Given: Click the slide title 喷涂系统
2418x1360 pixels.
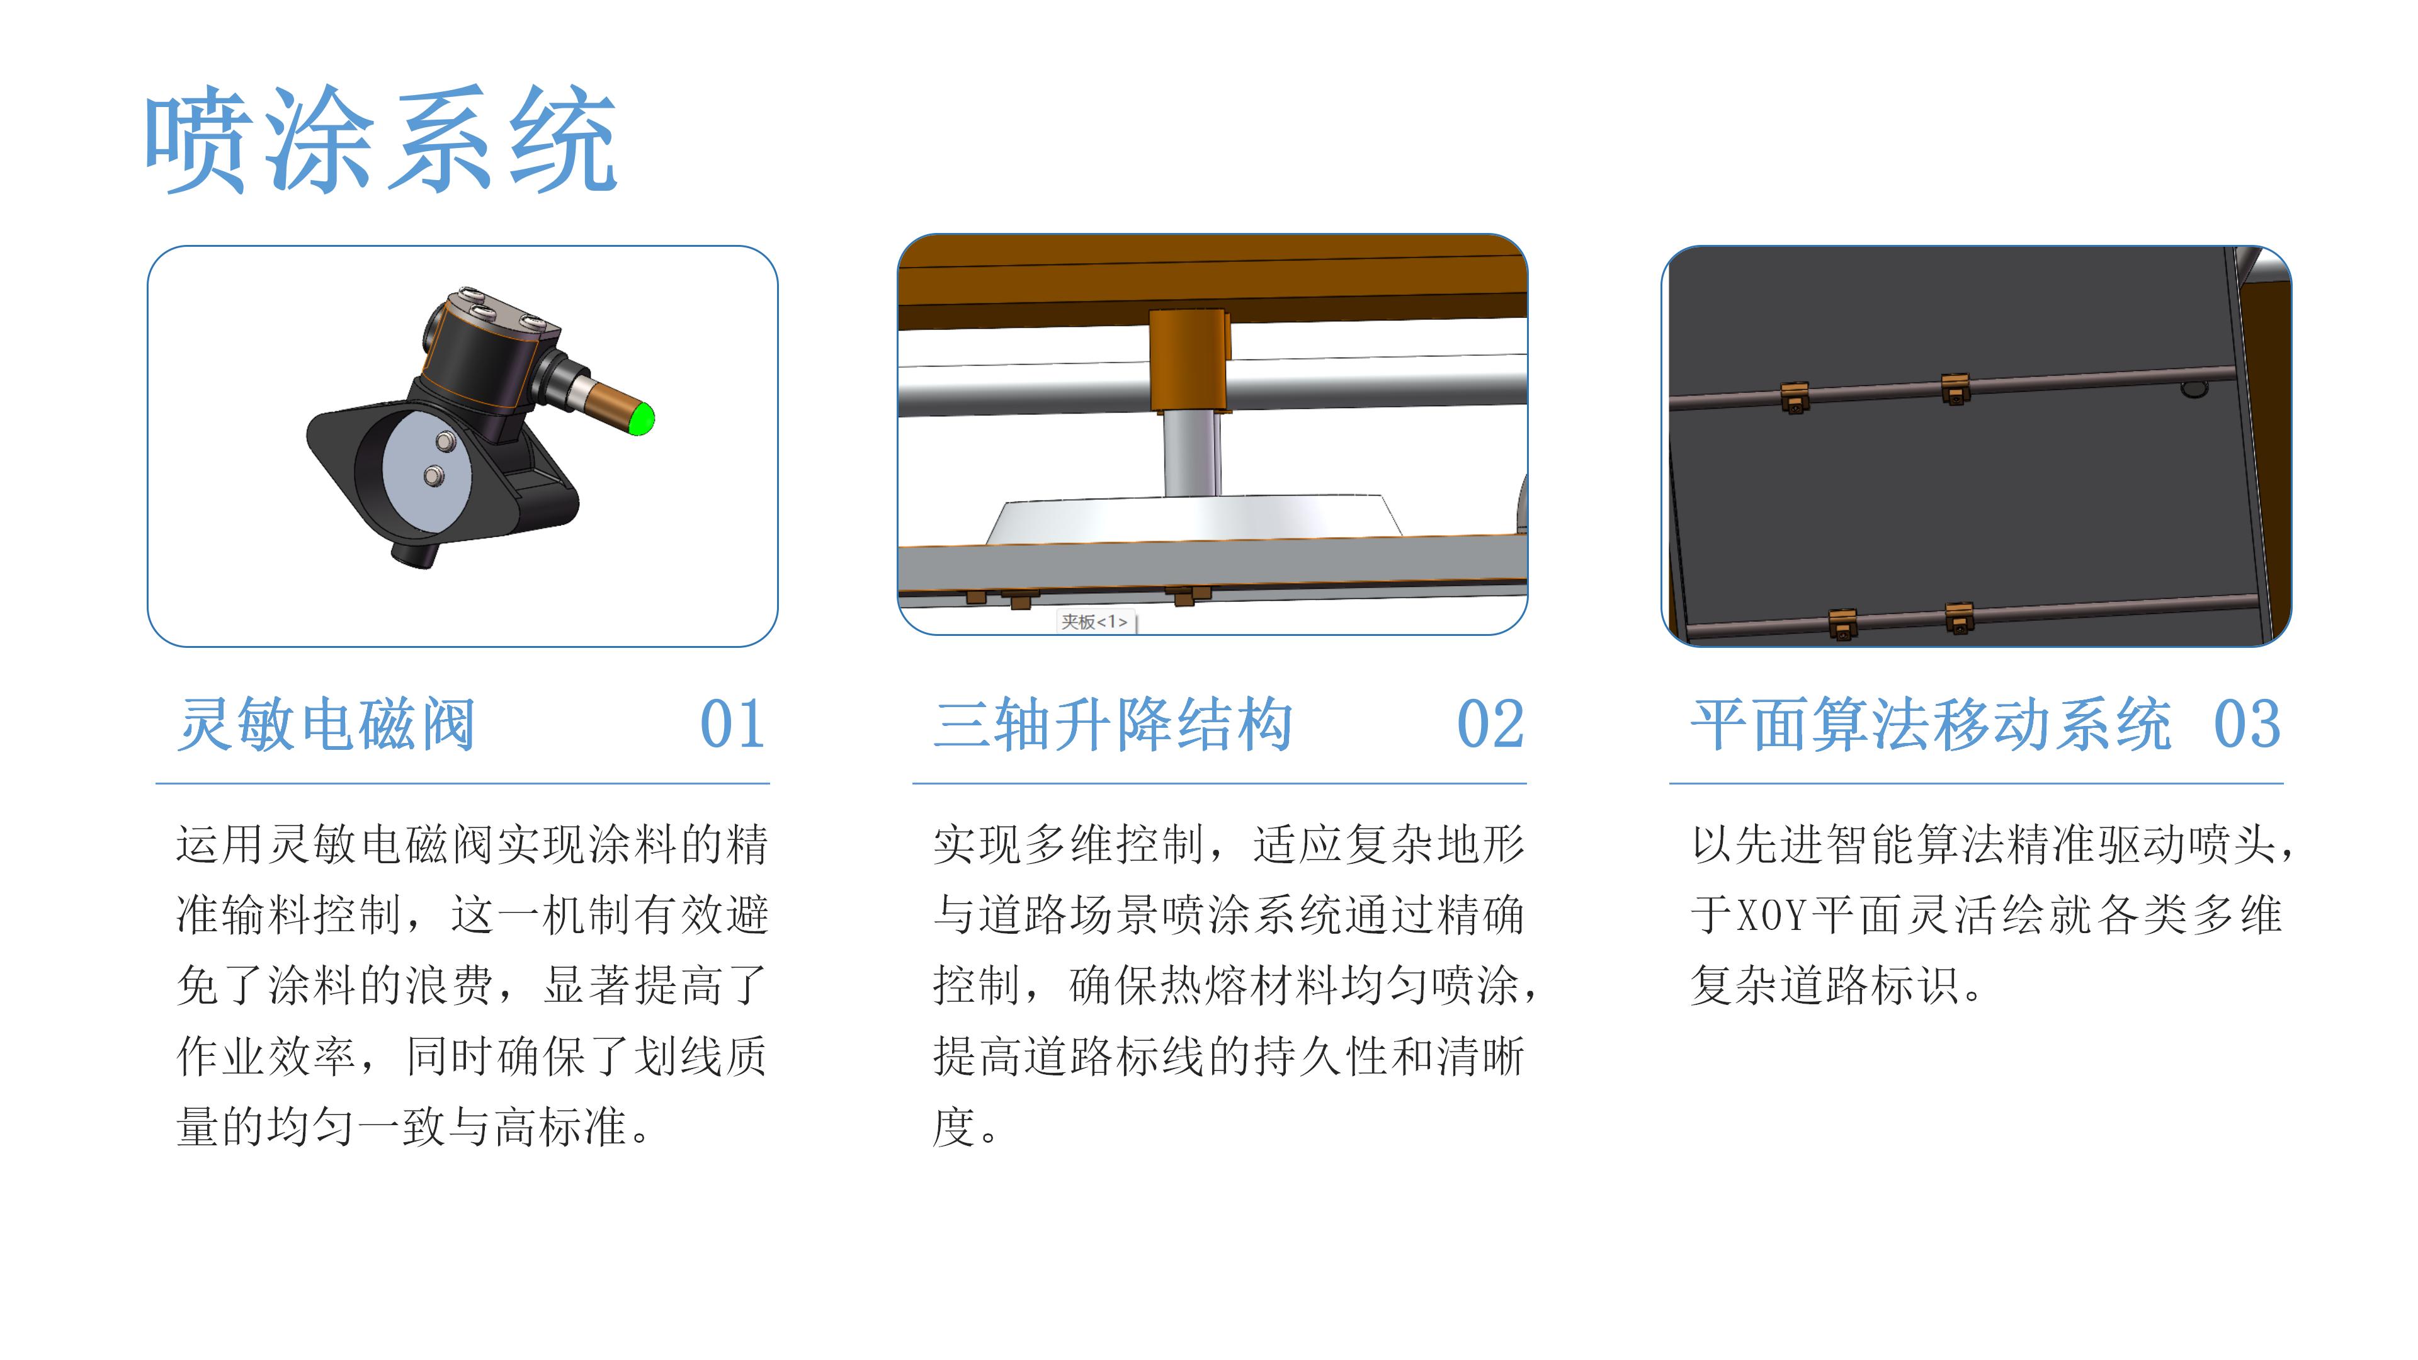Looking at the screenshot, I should (x=380, y=141).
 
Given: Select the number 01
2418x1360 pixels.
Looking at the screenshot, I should (x=732, y=725).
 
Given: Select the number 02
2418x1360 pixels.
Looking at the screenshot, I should (x=1490, y=725).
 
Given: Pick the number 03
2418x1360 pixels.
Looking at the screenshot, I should (x=2246, y=725).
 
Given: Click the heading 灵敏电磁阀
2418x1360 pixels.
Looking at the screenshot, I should (x=327, y=725).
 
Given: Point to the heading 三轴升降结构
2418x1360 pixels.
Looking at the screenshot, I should (x=1114, y=725).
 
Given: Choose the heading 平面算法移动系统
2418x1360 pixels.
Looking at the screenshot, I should (x=1931, y=725).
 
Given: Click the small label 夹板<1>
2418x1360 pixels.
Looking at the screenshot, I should (x=1094, y=621).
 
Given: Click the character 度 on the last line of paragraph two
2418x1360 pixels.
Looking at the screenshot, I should (x=955, y=1127).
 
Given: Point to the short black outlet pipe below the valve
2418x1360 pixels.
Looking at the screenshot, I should (x=413, y=553).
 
